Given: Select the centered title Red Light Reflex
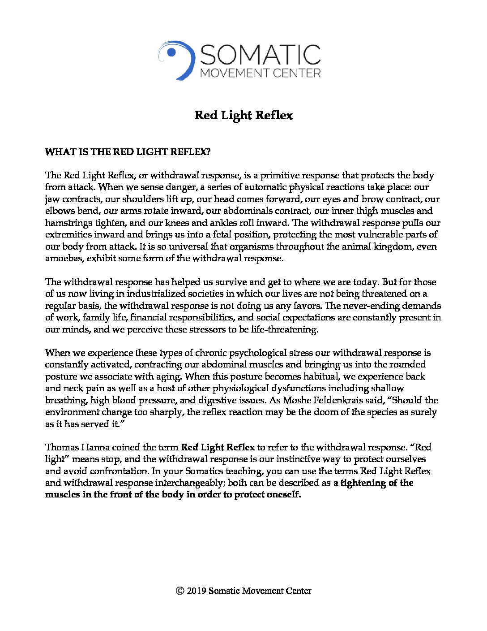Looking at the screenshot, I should coord(243,116).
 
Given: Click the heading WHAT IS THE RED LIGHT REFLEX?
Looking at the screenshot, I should coord(128,152).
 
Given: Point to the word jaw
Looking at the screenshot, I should coord(52,199).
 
